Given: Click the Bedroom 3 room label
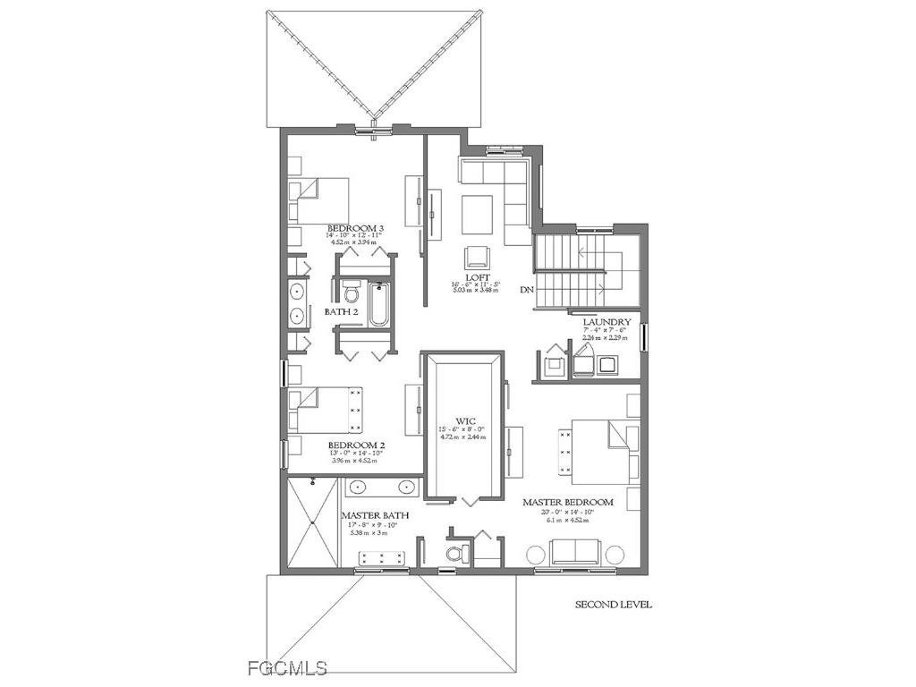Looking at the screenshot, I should click(356, 229).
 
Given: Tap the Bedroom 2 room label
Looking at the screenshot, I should click(356, 445).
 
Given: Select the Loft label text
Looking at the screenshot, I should click(476, 278).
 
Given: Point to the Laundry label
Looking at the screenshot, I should click(607, 322).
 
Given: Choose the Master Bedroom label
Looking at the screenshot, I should click(568, 503).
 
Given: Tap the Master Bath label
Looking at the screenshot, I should click(369, 515).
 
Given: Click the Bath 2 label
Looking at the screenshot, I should click(341, 312).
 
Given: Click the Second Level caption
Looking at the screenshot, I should click(613, 605).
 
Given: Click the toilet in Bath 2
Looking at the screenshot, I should click(350, 292).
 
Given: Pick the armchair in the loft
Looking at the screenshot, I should click(476, 258).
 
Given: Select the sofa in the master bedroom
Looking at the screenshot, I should click(575, 552).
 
